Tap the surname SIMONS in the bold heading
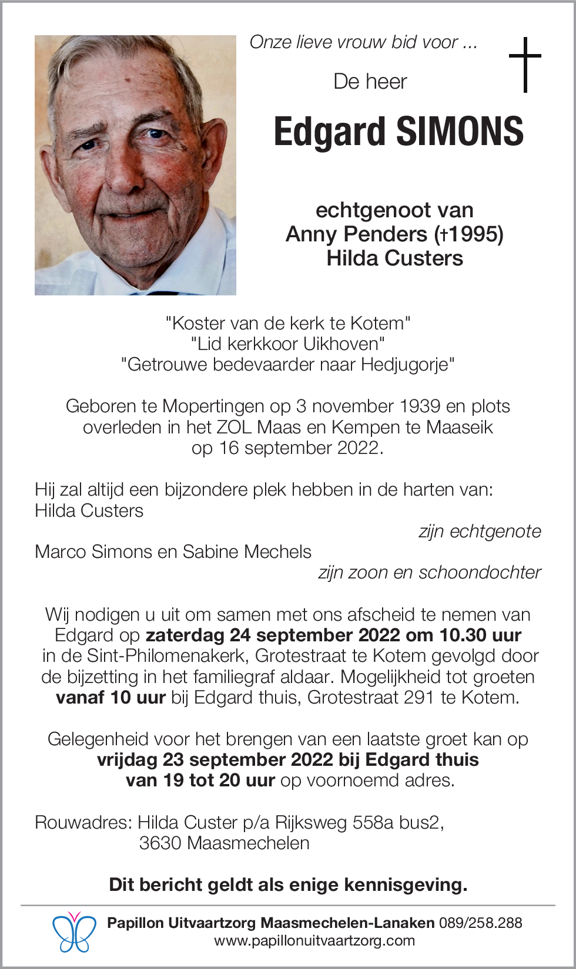pyautogui.click(x=460, y=132)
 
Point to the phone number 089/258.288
pyautogui.click(x=480, y=923)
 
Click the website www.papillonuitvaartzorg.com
pyautogui.click(x=314, y=941)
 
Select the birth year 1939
pyautogui.click(x=420, y=406)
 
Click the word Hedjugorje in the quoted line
pyautogui.click(x=407, y=365)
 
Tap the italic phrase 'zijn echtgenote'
pyautogui.click(x=480, y=531)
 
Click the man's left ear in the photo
pyautogui.click(x=212, y=147)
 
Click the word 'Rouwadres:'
pyautogui.click(x=83, y=823)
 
